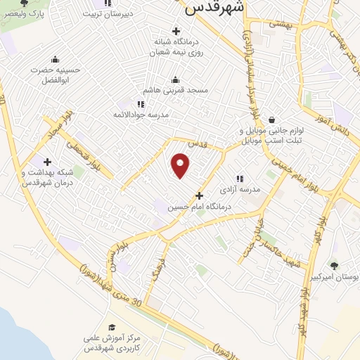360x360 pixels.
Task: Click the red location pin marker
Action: pos(181,165)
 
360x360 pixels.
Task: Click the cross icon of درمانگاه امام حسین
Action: pos(200,195)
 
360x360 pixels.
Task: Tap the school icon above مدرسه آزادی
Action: pos(240,179)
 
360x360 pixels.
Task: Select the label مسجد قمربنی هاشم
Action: pos(176,91)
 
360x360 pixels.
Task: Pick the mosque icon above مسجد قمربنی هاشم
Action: pos(175,79)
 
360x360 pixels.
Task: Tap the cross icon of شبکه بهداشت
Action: pos(47,162)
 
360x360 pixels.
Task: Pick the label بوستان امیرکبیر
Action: pos(333,278)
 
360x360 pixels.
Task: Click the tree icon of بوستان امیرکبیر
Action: pos(333,266)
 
